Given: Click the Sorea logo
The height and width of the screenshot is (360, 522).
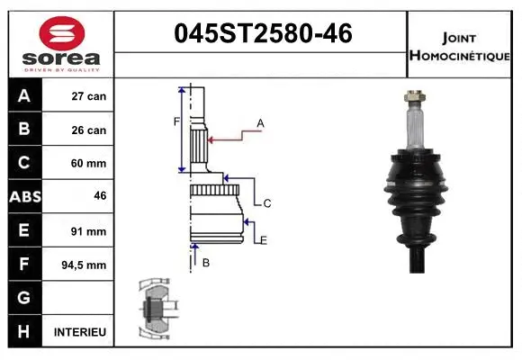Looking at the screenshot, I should click(60, 45).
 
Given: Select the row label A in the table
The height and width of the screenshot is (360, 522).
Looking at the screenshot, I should click(24, 96).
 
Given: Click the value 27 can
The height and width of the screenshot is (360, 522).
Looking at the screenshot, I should click(89, 96).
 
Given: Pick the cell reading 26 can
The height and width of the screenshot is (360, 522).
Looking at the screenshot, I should click(89, 130).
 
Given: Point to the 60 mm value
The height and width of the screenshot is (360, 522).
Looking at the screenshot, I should click(89, 164).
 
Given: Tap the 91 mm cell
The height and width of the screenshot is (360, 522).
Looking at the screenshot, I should click(89, 231).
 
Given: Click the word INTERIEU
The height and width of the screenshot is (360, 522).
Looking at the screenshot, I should click(80, 332).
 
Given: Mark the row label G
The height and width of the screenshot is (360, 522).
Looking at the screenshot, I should click(24, 298).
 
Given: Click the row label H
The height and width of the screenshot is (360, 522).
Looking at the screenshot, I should click(24, 332).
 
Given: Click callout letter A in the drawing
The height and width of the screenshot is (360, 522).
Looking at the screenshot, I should click(260, 122).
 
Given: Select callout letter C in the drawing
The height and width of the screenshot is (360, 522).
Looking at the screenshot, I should click(267, 204).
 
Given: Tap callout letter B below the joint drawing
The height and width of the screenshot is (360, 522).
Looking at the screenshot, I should click(206, 263).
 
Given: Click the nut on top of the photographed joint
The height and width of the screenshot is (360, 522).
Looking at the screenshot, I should click(417, 95).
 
